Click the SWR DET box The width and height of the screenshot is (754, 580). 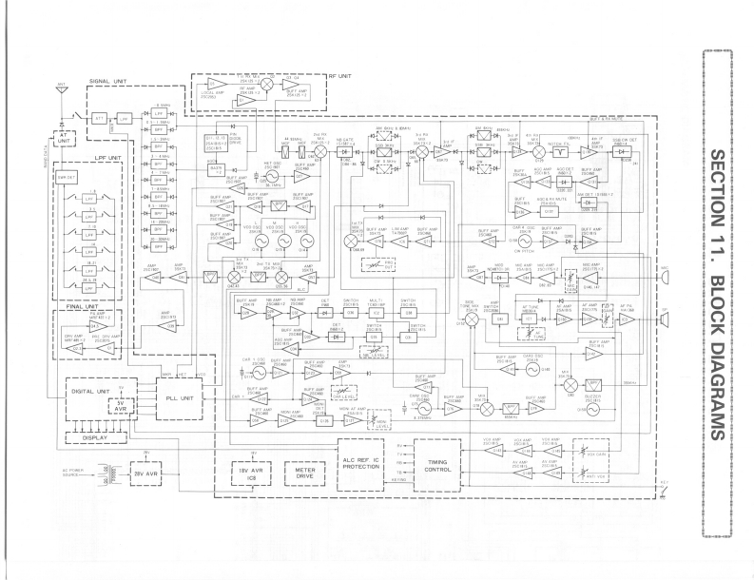(66, 180)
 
